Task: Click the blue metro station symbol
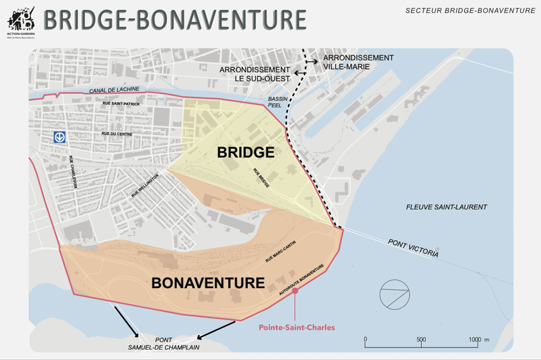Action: click(60, 137)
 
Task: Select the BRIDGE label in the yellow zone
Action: click(246, 152)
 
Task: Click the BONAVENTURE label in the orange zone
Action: click(208, 283)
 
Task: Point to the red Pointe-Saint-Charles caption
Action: click(296, 327)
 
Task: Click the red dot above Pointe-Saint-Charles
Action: click(295, 291)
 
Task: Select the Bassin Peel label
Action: click(277, 103)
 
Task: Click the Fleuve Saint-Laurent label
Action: click(446, 207)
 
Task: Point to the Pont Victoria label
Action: click(413, 248)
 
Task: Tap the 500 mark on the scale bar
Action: click(421, 339)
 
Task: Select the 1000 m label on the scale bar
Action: click(478, 339)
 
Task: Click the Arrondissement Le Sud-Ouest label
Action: click(255, 74)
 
